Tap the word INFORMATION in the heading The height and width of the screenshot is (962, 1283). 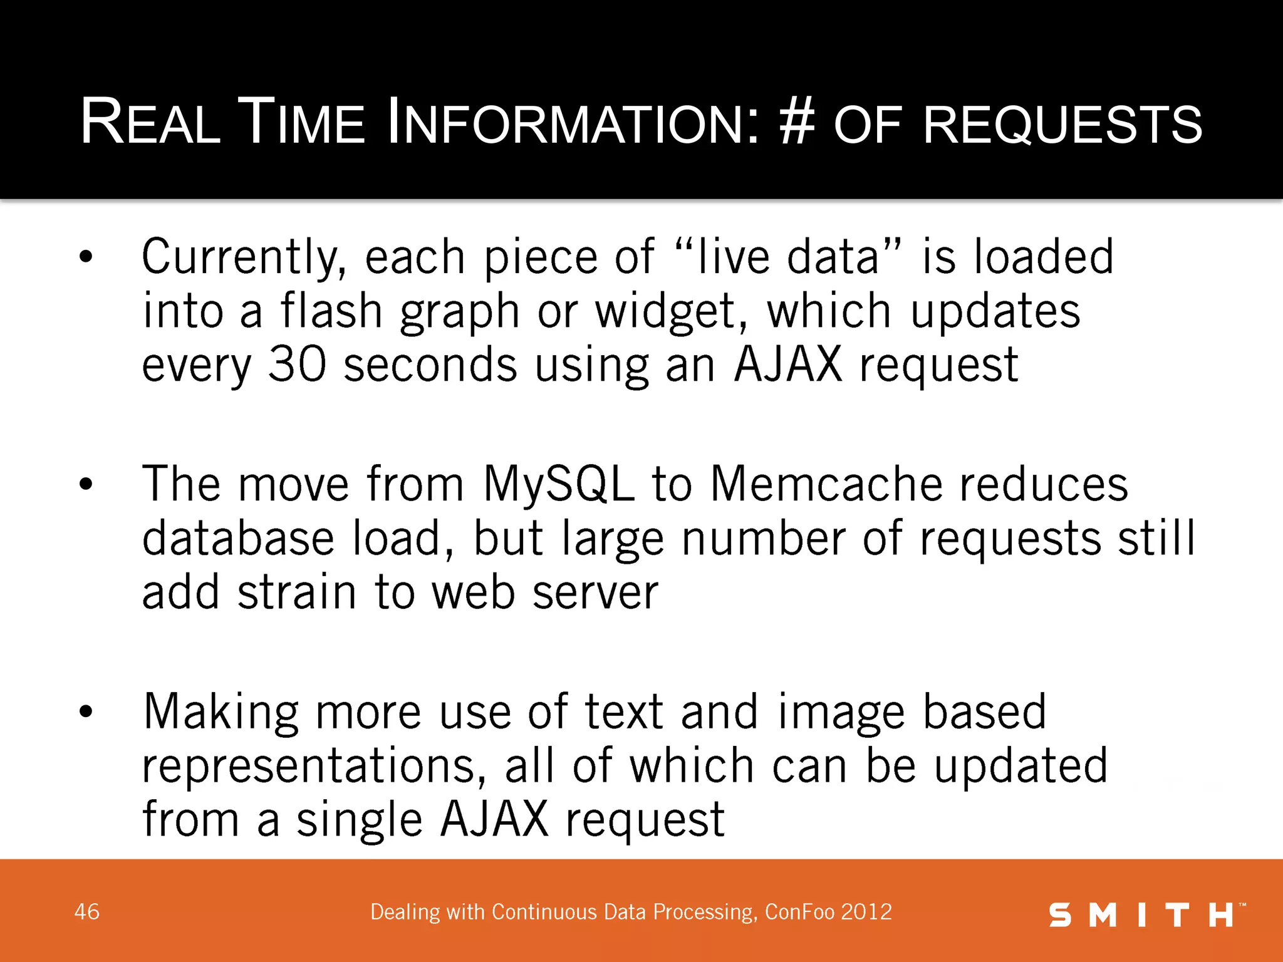point(573,122)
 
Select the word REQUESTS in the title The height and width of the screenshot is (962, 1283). point(1062,123)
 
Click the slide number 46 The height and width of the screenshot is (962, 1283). point(87,912)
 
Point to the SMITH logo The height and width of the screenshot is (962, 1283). point(1146,915)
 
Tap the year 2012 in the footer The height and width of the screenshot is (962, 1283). point(866,912)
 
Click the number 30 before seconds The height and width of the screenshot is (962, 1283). point(297,365)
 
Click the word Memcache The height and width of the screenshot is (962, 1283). point(826,484)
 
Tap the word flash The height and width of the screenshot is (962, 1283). point(331,311)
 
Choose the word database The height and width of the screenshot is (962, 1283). point(238,538)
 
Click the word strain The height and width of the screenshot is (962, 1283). point(297,592)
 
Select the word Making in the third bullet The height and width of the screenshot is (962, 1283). point(221,713)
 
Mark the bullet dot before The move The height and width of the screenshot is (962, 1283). point(86,484)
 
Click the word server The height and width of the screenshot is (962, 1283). point(595,592)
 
